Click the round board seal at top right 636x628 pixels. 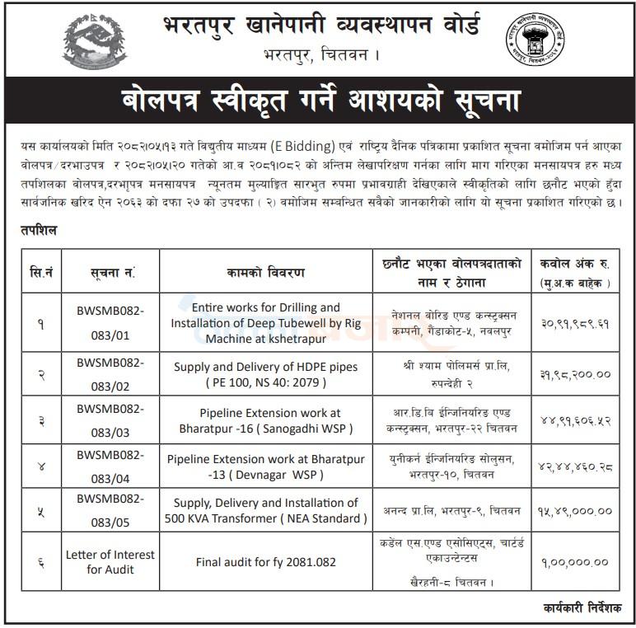tap(539, 40)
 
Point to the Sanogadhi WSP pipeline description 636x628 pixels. tap(266, 420)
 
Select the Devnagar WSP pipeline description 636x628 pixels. tap(266, 466)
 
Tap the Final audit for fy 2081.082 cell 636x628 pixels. tap(266, 562)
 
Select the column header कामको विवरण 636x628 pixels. tap(266, 271)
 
